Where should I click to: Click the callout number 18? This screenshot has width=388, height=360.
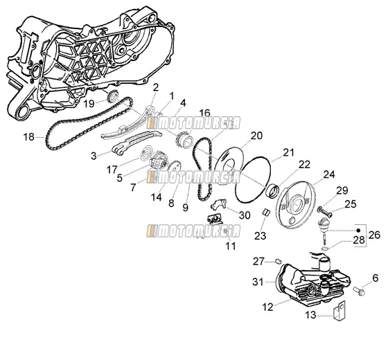[x=28, y=137]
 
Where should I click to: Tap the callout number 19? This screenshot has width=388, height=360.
[x=89, y=104]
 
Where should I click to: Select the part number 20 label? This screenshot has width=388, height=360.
[x=256, y=136]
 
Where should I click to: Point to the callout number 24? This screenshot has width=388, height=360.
[x=329, y=174]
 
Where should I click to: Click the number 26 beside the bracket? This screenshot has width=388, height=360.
[x=374, y=235]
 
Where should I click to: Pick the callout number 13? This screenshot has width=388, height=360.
[x=310, y=315]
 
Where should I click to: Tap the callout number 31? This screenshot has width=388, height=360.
[x=258, y=282]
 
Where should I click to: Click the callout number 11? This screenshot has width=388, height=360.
[x=230, y=246]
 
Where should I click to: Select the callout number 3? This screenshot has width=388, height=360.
[x=94, y=156]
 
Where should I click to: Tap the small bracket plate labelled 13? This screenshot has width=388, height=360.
[x=339, y=311]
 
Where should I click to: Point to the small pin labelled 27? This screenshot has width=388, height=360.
[x=279, y=261]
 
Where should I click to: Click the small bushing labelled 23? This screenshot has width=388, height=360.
[x=266, y=213]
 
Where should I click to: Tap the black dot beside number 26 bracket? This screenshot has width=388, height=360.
[x=358, y=231]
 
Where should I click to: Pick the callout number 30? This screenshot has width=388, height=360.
[x=245, y=215]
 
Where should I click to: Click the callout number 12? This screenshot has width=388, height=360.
[x=267, y=307]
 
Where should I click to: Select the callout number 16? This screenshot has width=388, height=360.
[x=204, y=113]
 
